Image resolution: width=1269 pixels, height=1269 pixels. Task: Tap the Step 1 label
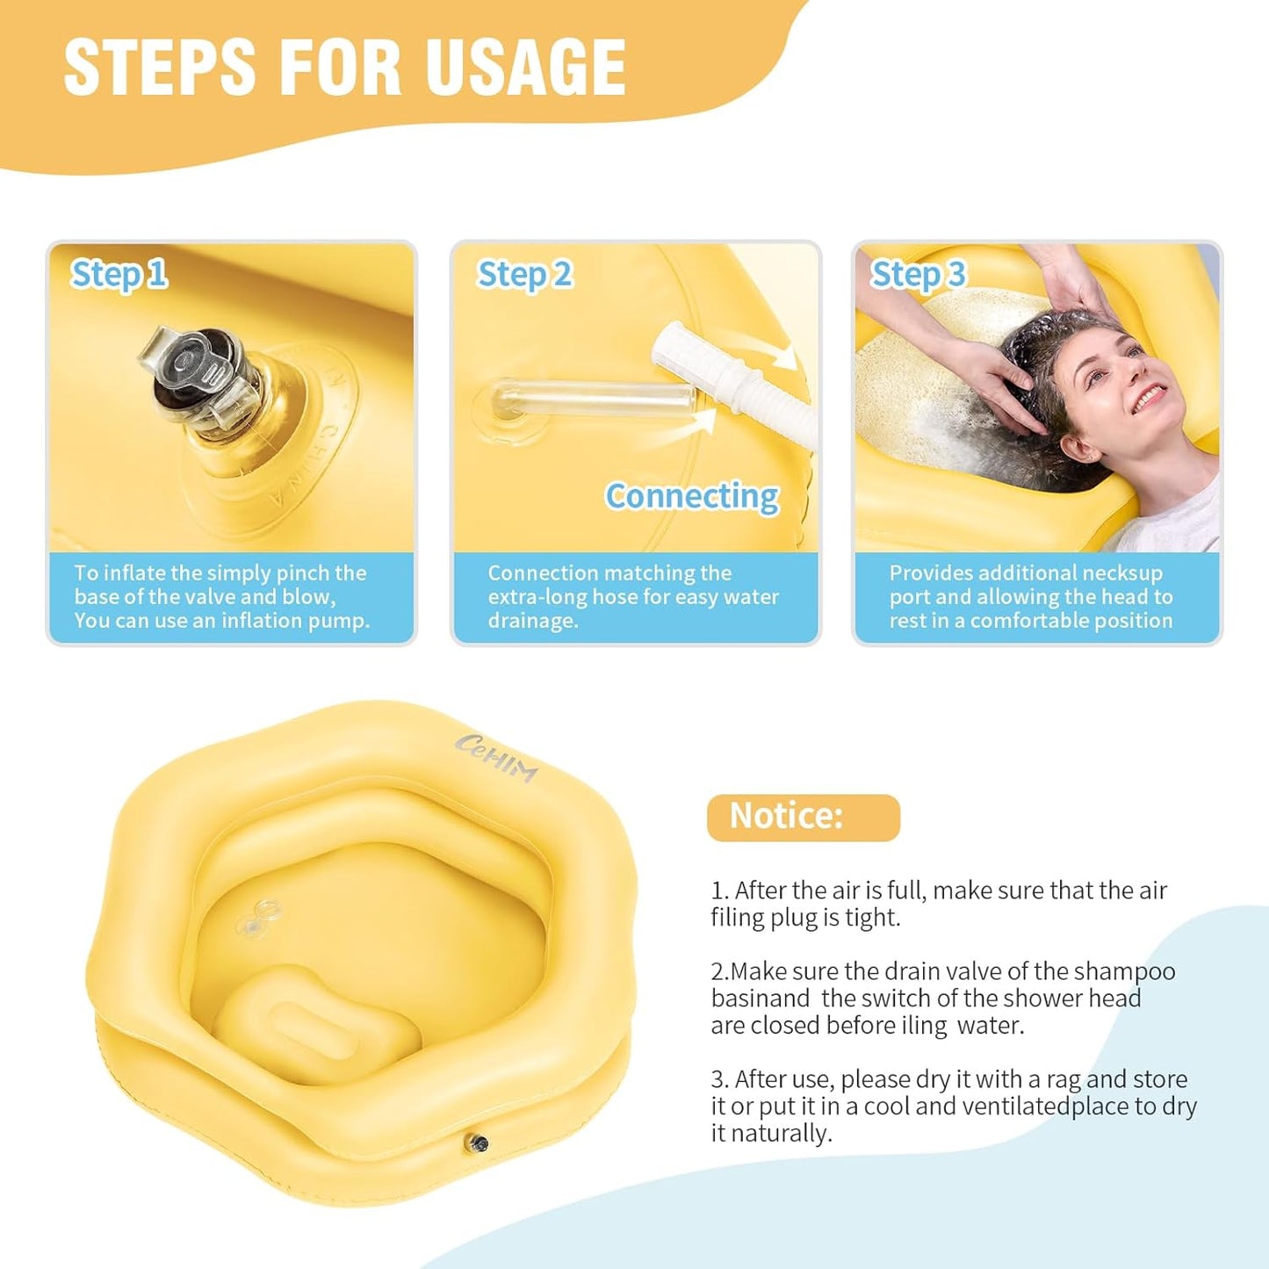119,275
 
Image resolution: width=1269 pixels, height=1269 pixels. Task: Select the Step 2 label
524,275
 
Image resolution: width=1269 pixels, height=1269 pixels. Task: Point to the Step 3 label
918,275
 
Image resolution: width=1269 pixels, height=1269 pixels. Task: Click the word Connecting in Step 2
692,496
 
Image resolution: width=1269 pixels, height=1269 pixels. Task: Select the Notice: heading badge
803,817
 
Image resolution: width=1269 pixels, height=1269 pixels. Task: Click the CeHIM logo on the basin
496,757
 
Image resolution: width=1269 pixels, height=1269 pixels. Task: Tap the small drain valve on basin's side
479,1143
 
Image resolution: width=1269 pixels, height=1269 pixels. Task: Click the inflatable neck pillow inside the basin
316,1023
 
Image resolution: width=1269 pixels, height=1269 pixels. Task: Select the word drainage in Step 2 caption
532,621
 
